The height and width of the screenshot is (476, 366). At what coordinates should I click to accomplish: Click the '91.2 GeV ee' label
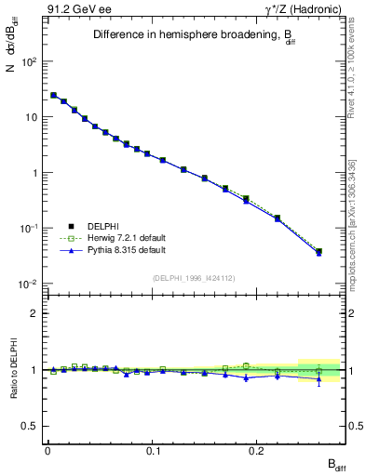pyautogui.click(x=77, y=8)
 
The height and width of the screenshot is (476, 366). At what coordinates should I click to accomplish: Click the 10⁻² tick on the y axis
pyautogui.click(x=25, y=284)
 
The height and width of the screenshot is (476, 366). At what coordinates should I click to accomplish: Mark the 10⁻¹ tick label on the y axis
pyautogui.click(x=25, y=229)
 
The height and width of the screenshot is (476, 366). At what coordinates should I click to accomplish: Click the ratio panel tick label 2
pyautogui.click(x=33, y=314)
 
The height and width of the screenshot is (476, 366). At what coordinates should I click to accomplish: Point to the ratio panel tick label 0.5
pyautogui.click(x=29, y=426)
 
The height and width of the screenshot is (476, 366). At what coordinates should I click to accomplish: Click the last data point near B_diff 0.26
pyautogui.click(x=319, y=251)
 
